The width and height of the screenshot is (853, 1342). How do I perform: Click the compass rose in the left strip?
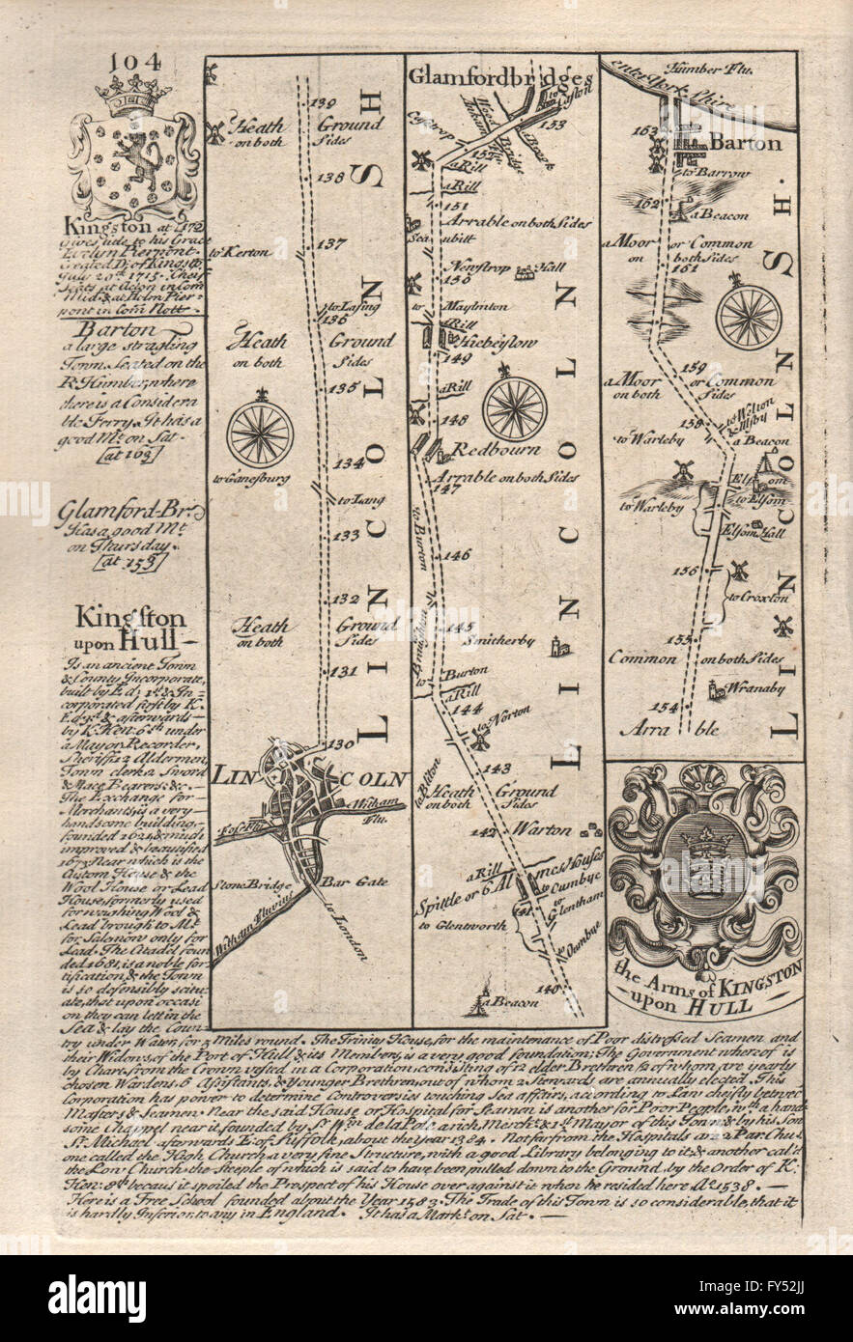click(260, 433)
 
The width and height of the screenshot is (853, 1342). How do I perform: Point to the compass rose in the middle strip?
click(515, 408)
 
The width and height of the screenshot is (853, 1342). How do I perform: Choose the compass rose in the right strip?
click(748, 314)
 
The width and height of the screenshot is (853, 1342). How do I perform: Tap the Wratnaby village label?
click(750, 688)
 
